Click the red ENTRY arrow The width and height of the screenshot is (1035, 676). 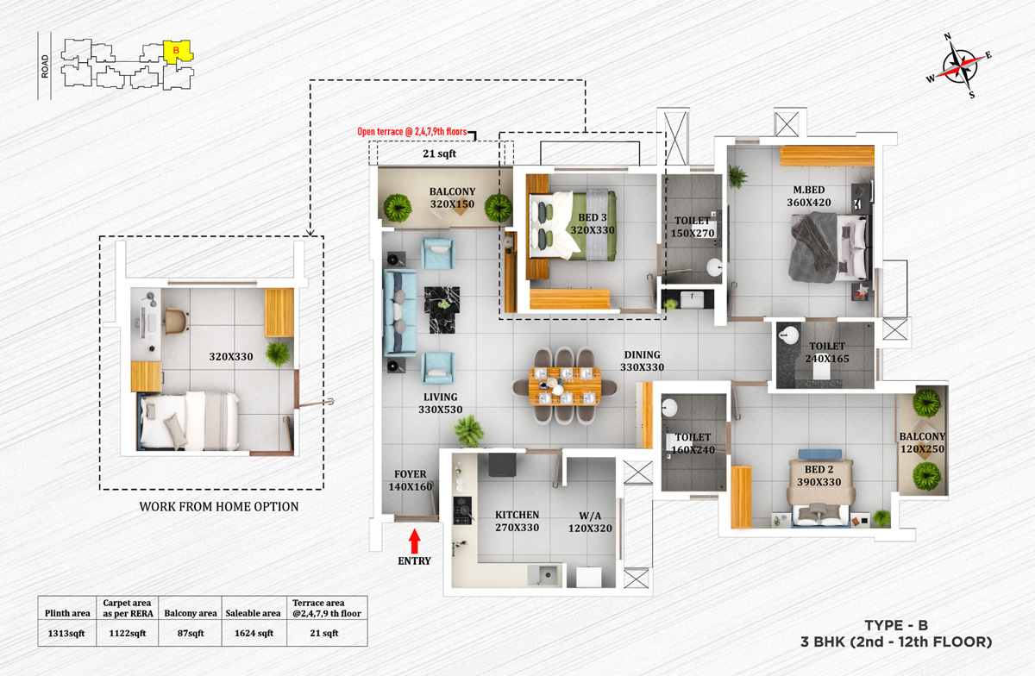point(414,541)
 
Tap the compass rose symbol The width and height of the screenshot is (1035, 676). point(959,65)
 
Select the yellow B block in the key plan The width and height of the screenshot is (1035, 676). point(177,53)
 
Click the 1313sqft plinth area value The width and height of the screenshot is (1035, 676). point(67,633)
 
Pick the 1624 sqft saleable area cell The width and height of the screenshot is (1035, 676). point(253,633)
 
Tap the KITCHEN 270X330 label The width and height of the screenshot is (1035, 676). point(517,522)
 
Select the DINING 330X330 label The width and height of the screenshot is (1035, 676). point(643,360)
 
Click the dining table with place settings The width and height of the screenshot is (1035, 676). point(565,385)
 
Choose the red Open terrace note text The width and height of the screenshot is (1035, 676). point(412,133)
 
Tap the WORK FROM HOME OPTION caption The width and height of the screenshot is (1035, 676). point(219,507)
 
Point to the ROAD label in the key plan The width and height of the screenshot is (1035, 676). point(45,64)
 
